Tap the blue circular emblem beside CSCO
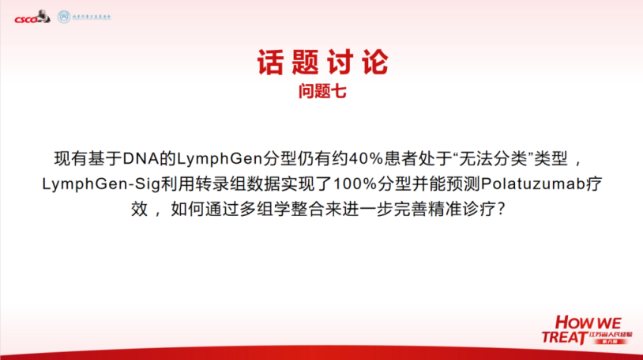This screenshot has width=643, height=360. pos(63,17)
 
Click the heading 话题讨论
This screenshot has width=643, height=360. pos(322,63)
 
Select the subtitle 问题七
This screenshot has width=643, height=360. pos(322,91)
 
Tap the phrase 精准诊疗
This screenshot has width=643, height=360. pos(467,210)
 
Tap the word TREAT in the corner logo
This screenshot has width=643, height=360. pos(563,337)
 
